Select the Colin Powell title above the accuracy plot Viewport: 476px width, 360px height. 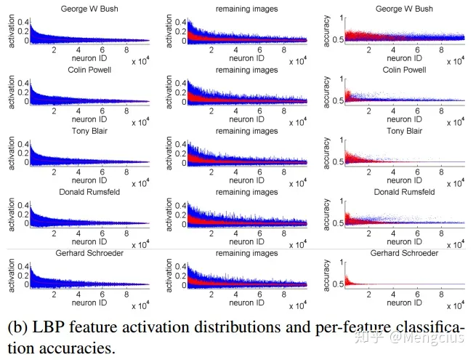click(404, 70)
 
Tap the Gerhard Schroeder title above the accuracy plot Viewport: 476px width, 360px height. click(404, 253)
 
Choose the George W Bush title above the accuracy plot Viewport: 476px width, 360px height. click(404, 9)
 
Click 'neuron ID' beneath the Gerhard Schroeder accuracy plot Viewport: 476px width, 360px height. click(404, 303)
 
